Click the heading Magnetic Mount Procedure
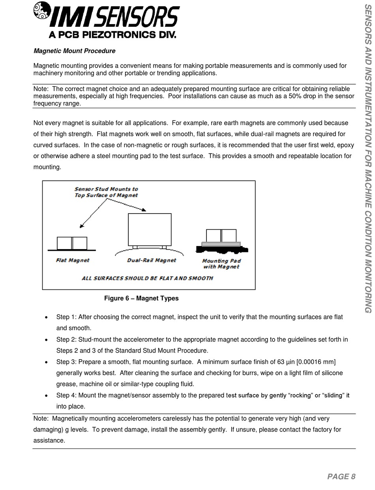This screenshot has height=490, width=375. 74,51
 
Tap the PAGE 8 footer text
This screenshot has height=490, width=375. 341,477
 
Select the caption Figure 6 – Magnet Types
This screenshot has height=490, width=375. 141,298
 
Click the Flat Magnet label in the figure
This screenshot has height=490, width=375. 73,261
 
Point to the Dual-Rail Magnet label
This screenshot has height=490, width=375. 152,261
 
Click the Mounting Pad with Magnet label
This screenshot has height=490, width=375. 221,264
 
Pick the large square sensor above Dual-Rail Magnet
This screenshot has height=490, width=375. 150,229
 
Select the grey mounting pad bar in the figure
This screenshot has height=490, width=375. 221,244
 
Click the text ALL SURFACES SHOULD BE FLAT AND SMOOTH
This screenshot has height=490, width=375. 147,278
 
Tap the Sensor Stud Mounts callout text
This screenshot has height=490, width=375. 106,192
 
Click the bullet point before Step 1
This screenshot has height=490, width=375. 47,317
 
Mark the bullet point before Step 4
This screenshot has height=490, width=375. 47,396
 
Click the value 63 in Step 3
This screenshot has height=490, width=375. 281,362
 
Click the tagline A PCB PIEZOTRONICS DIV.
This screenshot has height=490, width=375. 112,35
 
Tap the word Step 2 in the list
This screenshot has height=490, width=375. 66,340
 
